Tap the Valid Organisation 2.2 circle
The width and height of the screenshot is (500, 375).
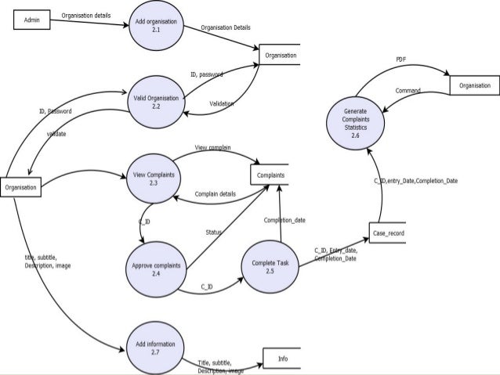[156, 102]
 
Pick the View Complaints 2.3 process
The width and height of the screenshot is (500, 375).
[154, 178]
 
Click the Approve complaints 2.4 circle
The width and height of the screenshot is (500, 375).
[156, 269]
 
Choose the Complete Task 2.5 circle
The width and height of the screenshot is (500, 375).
[270, 267]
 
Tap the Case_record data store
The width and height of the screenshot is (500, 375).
[387, 234]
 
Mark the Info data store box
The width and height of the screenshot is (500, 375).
[281, 359]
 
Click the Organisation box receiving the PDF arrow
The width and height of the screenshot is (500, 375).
[473, 85]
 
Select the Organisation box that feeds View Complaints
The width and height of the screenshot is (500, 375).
[20, 188]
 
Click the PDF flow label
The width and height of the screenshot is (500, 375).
[400, 59]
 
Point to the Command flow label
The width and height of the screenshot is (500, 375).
[408, 92]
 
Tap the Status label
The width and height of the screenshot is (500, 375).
[213, 233]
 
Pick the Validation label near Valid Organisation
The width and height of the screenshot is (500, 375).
[222, 103]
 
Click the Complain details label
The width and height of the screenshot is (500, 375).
[215, 193]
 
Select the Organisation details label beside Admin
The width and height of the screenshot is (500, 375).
[85, 15]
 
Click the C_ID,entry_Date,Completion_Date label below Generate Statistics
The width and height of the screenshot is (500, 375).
[416, 181]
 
